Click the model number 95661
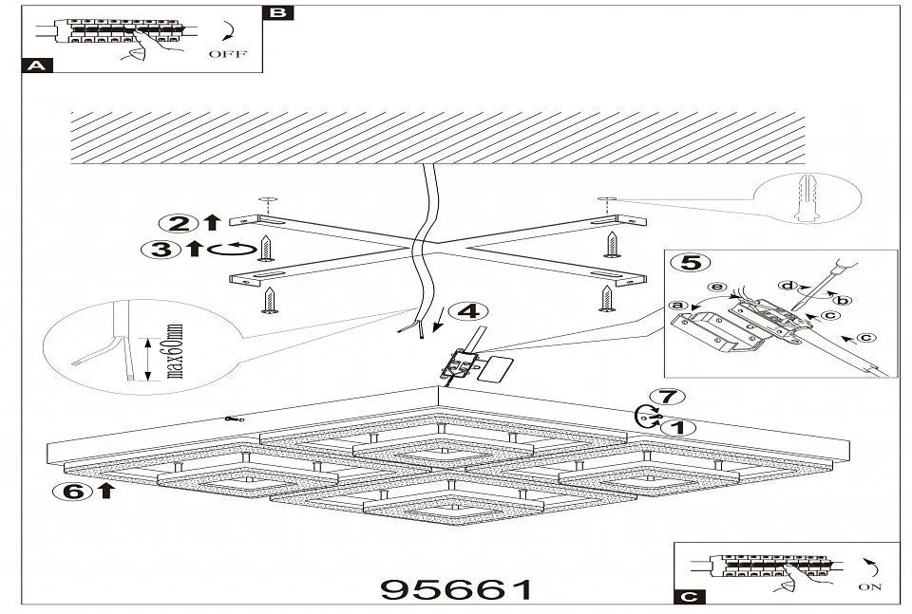tap(457, 588)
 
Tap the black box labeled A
tap(37, 66)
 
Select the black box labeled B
tap(276, 13)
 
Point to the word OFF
tap(228, 54)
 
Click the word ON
tap(869, 587)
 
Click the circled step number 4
tap(464, 312)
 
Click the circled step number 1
tap(675, 427)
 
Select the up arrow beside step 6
tap(104, 491)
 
